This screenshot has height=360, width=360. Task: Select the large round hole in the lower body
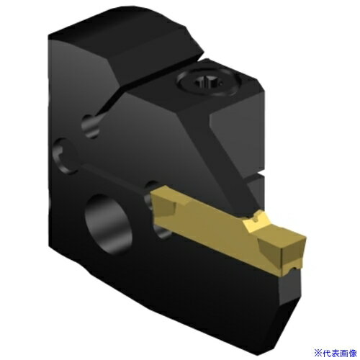click(108, 224)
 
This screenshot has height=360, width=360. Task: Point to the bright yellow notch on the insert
click(256, 220)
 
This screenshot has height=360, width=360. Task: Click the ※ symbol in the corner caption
click(318, 354)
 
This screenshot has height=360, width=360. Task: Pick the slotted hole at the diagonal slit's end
click(91, 125)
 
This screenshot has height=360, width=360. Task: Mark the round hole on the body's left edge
click(64, 156)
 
